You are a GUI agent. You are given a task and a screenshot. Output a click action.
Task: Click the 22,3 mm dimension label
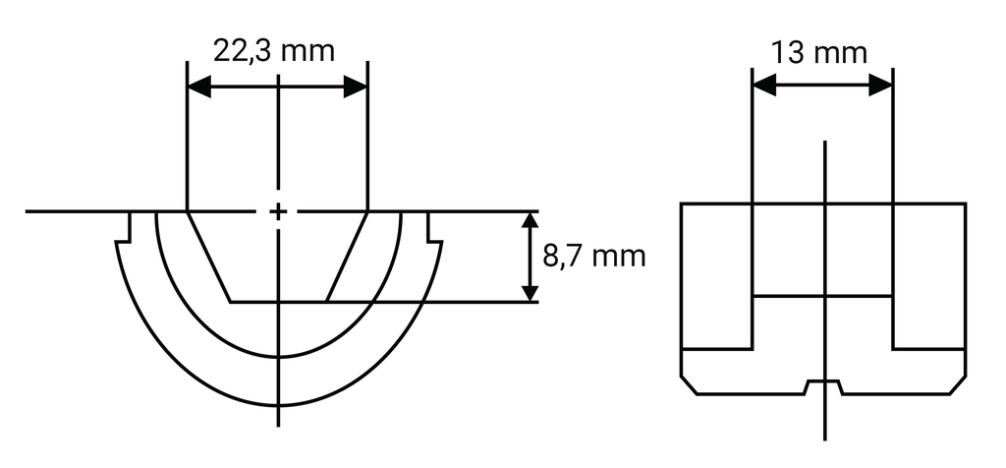pos(276,50)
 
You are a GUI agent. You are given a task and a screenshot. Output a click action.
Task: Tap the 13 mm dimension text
pos(819,52)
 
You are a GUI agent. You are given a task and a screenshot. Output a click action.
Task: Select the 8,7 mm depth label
pos(593,257)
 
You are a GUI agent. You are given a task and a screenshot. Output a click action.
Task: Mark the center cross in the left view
pos(279,211)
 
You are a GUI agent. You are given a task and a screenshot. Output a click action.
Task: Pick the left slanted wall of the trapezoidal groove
pos(209,257)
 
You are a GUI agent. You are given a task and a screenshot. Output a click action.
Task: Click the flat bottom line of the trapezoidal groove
pos(279,302)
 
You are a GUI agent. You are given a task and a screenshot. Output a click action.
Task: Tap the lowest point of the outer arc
pos(279,405)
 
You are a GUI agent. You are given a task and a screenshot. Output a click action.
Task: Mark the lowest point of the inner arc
pos(279,356)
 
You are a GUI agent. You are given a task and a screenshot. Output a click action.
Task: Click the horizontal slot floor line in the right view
pos(822,296)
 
